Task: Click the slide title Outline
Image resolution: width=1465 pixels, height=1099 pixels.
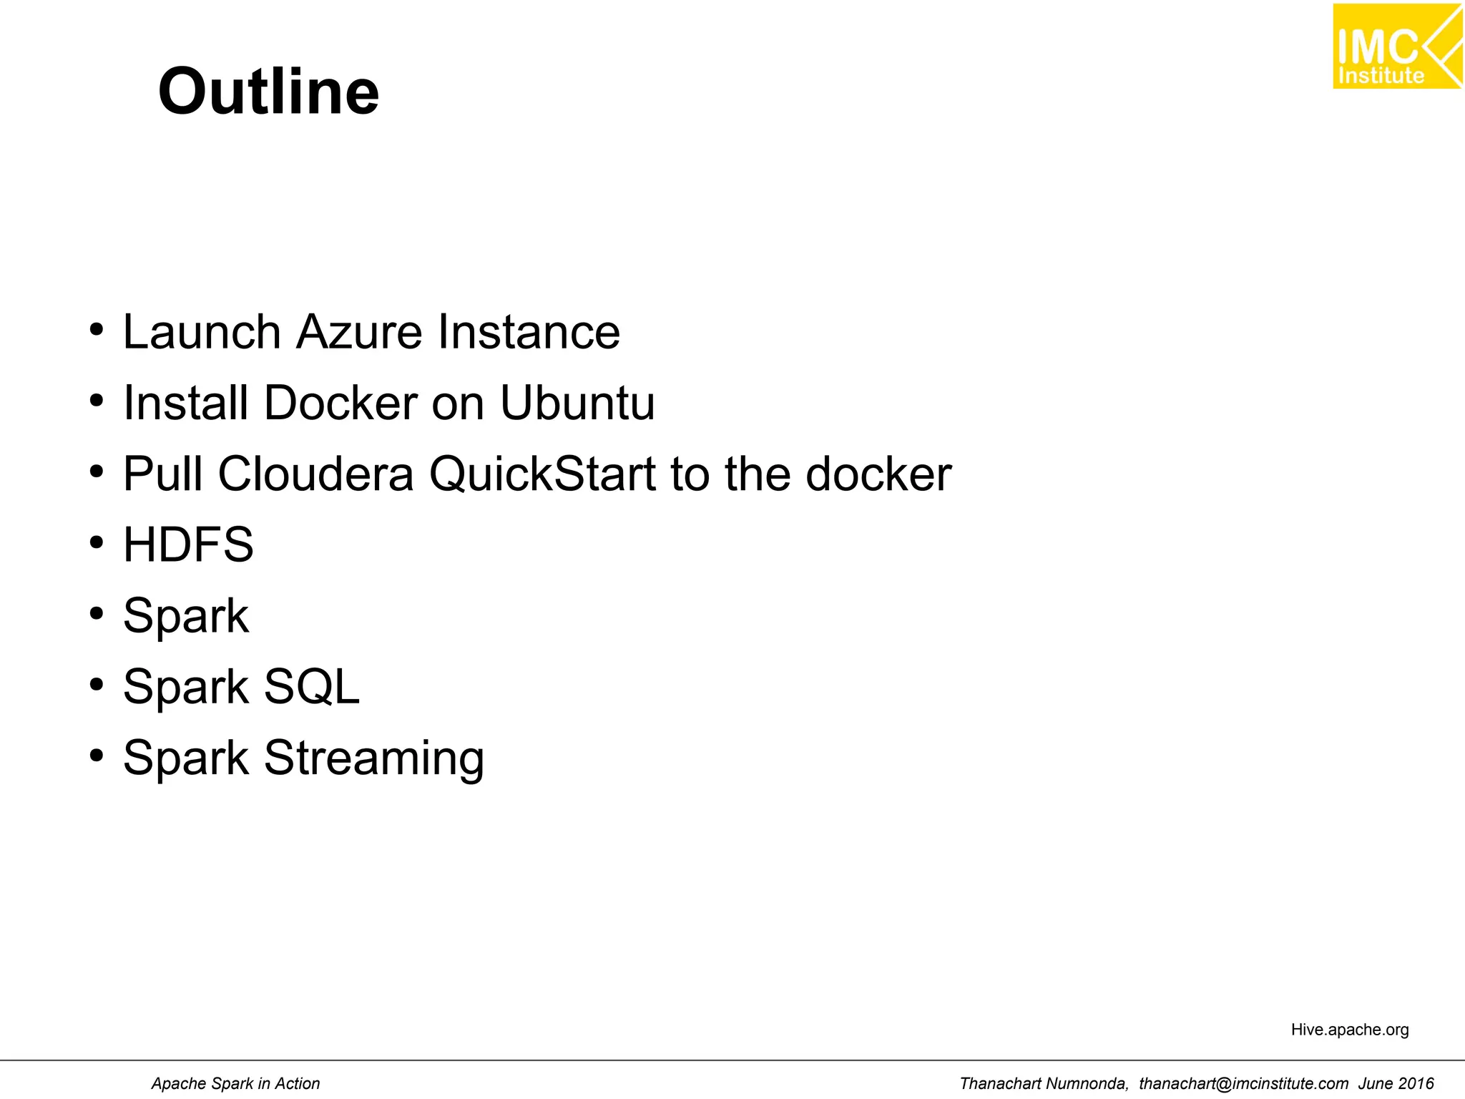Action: pos(268,92)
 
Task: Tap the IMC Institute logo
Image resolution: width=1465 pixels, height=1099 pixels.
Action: pos(1396,47)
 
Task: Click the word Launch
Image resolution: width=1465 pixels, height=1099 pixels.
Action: pos(202,332)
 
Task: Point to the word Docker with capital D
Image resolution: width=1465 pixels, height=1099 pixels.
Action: pos(340,403)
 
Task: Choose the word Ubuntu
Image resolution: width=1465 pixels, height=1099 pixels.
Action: pos(577,403)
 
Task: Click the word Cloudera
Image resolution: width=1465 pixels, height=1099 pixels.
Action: pos(315,474)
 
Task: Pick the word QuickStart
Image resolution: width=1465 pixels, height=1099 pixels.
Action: pos(542,474)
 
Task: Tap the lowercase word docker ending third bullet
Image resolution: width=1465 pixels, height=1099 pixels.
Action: pos(878,474)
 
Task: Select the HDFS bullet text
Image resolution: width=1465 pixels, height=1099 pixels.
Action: pos(188,544)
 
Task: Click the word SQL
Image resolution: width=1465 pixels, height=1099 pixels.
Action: pos(311,687)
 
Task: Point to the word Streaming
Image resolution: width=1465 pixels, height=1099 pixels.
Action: pos(374,758)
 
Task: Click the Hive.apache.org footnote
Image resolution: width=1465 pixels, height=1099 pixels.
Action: pos(1349,1030)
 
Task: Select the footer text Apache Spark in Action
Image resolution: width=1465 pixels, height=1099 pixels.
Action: pos(235,1083)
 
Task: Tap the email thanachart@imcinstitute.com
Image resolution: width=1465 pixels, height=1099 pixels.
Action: pos(1243,1083)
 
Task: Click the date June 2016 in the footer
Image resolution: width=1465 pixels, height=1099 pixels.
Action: pos(1396,1083)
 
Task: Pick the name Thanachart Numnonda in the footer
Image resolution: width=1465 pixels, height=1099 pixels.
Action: pos(1044,1083)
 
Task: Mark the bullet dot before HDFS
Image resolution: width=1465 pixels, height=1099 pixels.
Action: pos(97,543)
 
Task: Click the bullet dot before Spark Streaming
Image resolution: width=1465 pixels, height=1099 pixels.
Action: pos(97,756)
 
